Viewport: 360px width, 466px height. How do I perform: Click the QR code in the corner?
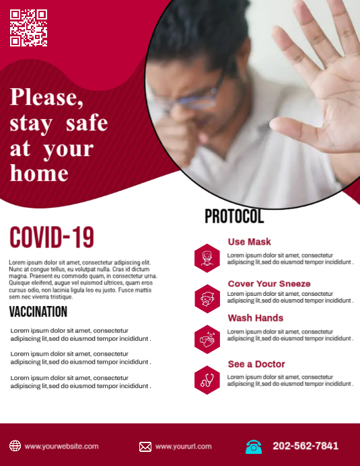[29, 28]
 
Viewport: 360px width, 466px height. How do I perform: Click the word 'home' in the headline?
[39, 173]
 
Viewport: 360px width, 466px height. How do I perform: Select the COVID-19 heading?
[52, 237]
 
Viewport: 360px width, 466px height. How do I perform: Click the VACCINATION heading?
[38, 311]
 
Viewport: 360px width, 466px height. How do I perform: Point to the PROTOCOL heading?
[234, 217]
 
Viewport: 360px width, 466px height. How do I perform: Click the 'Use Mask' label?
[249, 242]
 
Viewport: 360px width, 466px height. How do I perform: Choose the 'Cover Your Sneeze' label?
[269, 284]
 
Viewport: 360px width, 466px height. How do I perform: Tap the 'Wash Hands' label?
[256, 318]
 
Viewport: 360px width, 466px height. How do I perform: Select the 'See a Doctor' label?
[256, 364]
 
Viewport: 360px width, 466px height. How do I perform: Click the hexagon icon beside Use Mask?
[207, 258]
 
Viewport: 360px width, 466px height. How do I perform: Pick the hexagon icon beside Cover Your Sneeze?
[207, 299]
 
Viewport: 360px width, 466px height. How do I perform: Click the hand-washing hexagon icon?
[207, 340]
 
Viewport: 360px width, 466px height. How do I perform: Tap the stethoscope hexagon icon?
[207, 380]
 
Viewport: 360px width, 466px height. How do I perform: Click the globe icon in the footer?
[15, 446]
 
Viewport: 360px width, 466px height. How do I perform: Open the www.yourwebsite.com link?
[62, 446]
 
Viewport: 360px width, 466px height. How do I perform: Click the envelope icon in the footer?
[145, 446]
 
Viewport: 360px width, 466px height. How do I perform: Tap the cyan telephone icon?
[254, 446]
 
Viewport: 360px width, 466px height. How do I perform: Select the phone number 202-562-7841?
[305, 446]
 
